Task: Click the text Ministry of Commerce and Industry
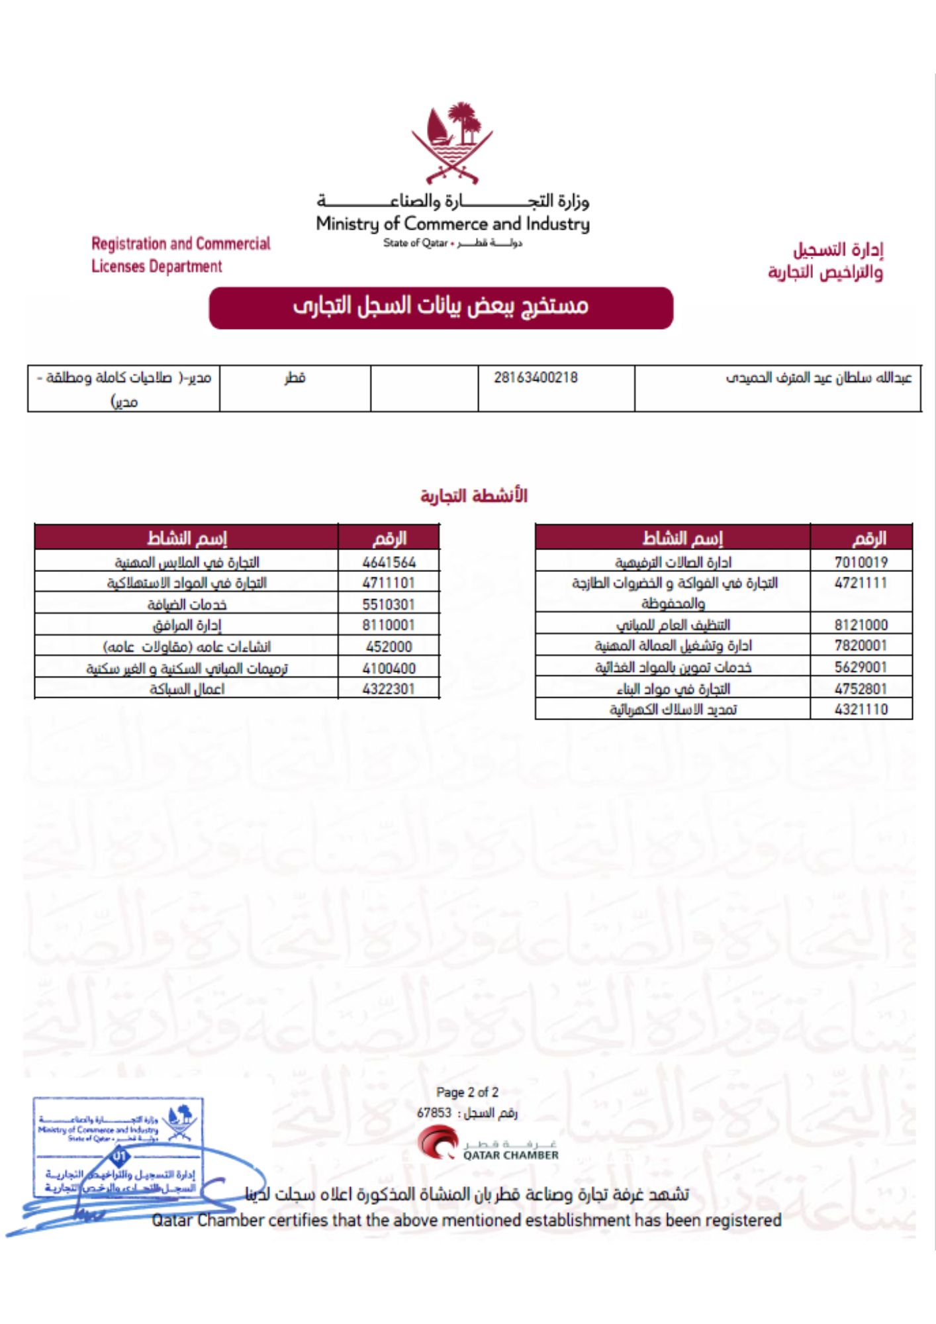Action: (453, 224)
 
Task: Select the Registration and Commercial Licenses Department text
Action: (181, 255)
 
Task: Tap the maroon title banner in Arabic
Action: (441, 307)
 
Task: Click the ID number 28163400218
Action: (536, 378)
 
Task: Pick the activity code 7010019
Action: (861, 562)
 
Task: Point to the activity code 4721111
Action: (861, 583)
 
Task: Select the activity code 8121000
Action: (861, 624)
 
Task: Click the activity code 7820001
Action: (861, 645)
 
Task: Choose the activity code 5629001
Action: (861, 667)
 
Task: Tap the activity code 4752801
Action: (861, 688)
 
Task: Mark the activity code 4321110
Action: (861, 709)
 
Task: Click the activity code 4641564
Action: (389, 562)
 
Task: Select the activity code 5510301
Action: (389, 604)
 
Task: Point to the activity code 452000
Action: (389, 646)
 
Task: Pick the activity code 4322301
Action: (389, 688)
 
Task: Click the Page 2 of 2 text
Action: (467, 1092)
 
